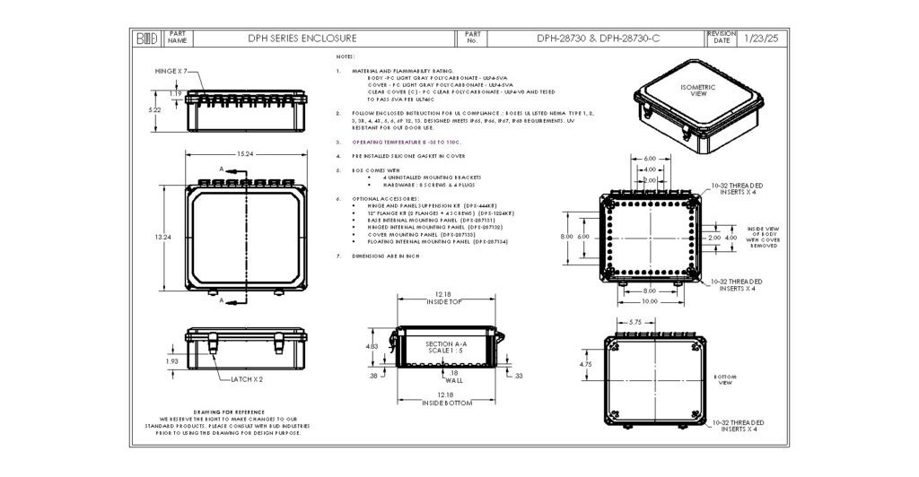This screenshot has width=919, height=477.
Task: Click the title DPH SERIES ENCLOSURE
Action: tap(302, 39)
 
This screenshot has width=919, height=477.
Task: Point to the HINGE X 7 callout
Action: tap(171, 70)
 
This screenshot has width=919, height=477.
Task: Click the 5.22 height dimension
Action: tap(154, 109)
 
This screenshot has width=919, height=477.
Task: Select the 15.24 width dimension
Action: tap(244, 154)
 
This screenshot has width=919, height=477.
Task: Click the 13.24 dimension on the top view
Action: tap(162, 237)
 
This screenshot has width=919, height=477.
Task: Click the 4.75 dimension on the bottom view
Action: tap(584, 365)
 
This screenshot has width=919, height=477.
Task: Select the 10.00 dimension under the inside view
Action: tap(648, 301)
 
